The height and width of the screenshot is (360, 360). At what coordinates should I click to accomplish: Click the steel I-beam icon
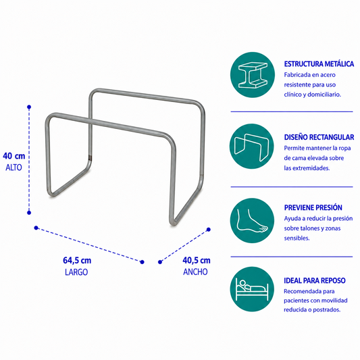pos(253,75)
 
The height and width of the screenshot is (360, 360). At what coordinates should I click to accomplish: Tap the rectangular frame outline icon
pos(252,147)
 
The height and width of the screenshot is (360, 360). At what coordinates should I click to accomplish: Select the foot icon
pos(252,220)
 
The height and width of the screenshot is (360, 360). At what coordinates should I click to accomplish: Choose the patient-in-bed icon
pos(252,289)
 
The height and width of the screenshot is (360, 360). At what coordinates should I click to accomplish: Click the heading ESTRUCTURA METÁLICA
pos(319,63)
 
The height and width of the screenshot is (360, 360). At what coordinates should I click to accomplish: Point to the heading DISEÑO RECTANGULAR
pos(319,137)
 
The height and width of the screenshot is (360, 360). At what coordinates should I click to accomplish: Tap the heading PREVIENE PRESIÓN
pos(313,207)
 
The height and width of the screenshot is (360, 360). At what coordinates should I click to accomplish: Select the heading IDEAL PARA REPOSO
pos(315,280)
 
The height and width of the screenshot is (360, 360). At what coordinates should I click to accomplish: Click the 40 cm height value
pos(14,156)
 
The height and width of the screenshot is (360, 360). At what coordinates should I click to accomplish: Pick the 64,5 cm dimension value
pos(77,260)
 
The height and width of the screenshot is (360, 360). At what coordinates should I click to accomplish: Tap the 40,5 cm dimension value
pos(197,260)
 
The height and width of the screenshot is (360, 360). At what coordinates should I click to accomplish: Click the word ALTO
pos(14,168)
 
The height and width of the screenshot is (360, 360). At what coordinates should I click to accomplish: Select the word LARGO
pos(76,272)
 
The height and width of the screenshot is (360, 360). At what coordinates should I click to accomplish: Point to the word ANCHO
pos(195,272)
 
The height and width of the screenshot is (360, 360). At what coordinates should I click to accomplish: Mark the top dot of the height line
pos(29,107)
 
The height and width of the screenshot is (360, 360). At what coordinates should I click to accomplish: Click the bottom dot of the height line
pos(29,213)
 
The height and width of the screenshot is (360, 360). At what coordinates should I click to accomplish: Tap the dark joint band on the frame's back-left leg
pos(90,158)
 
